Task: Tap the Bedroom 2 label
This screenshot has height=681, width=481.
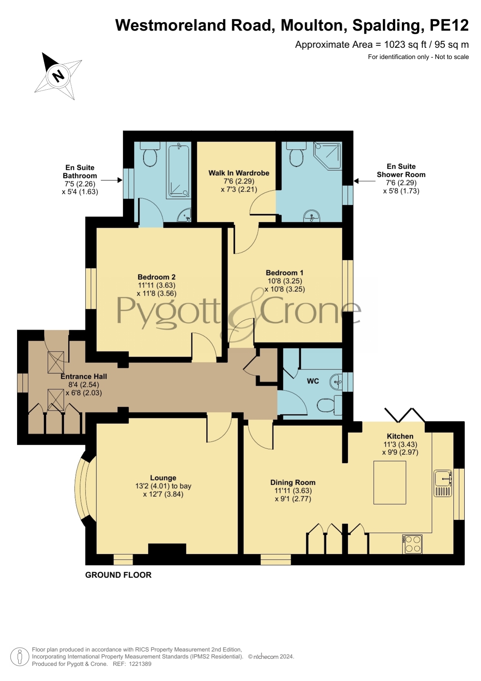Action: point(157,277)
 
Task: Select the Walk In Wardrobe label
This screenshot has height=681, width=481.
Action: point(239,173)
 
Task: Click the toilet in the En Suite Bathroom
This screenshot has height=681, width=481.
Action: point(150,154)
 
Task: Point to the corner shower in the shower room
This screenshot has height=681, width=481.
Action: point(328,155)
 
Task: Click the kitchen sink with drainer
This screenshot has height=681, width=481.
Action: point(443,483)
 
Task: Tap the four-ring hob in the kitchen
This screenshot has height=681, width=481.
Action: point(412,544)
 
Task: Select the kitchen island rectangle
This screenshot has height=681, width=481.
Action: point(390,482)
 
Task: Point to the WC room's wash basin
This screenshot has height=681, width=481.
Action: point(336,382)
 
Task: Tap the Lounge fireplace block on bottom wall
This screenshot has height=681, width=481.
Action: point(167,549)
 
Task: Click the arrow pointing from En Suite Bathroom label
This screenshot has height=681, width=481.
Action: point(112,180)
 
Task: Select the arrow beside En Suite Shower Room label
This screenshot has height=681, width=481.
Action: point(364,181)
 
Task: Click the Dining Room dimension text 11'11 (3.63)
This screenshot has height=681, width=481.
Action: point(293,490)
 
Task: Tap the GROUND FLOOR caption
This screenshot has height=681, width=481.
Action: point(118,575)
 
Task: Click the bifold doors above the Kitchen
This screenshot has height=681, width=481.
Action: point(405,415)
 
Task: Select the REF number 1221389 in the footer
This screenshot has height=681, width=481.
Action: point(140,664)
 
